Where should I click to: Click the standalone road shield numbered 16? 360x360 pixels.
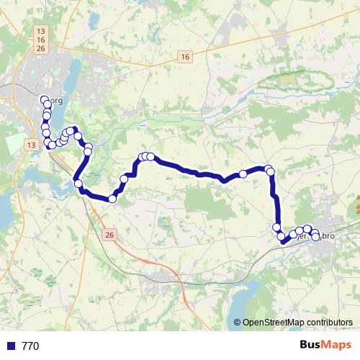[185, 57]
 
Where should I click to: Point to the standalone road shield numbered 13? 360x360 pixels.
[30, 145]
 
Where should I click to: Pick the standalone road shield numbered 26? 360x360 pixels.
[109, 235]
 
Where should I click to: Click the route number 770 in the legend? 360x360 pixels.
[30, 346]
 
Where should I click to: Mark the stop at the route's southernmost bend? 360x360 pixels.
[113, 199]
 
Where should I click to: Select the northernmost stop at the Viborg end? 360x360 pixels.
[45, 100]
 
